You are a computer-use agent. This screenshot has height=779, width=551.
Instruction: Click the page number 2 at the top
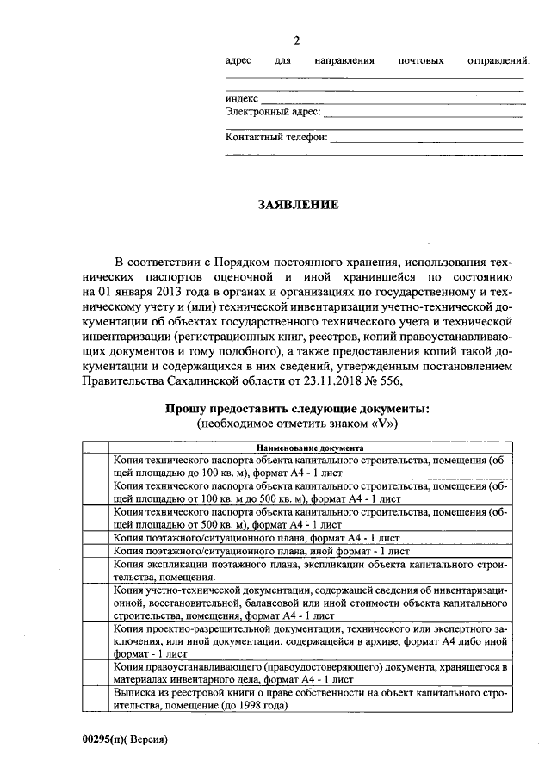pos(298,41)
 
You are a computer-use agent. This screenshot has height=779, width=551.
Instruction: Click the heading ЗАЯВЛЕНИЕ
pos(298,205)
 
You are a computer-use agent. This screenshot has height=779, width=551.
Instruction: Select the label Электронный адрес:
pos(273,112)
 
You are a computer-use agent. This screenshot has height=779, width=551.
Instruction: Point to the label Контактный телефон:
pos(275,136)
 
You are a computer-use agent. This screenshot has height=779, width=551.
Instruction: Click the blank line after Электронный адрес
pos(423,114)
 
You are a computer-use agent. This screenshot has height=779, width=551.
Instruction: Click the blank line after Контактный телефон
pos(427,138)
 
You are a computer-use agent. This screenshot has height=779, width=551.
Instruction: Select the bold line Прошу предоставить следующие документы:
pos(298,408)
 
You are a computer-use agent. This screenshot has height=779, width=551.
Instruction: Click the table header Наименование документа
pos(309,448)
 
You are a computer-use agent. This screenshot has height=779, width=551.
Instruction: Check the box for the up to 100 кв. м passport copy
pos(96,466)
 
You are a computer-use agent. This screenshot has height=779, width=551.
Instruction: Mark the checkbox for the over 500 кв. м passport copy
pos(96,517)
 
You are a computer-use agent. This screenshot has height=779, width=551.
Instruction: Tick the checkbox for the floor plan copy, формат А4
pos(96,537)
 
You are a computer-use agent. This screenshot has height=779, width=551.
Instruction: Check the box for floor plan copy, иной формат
pos(96,550)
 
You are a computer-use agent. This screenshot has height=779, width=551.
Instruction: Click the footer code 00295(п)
pos(101,740)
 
